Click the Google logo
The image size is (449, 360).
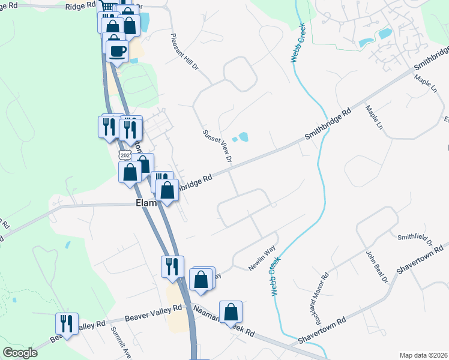click(x=20, y=353)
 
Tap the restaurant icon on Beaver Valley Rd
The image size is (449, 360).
click(x=67, y=324)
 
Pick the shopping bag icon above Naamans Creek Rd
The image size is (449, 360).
click(x=231, y=312)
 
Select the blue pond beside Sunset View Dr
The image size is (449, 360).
click(x=243, y=137)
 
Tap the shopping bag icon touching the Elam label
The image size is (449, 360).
click(x=167, y=191)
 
